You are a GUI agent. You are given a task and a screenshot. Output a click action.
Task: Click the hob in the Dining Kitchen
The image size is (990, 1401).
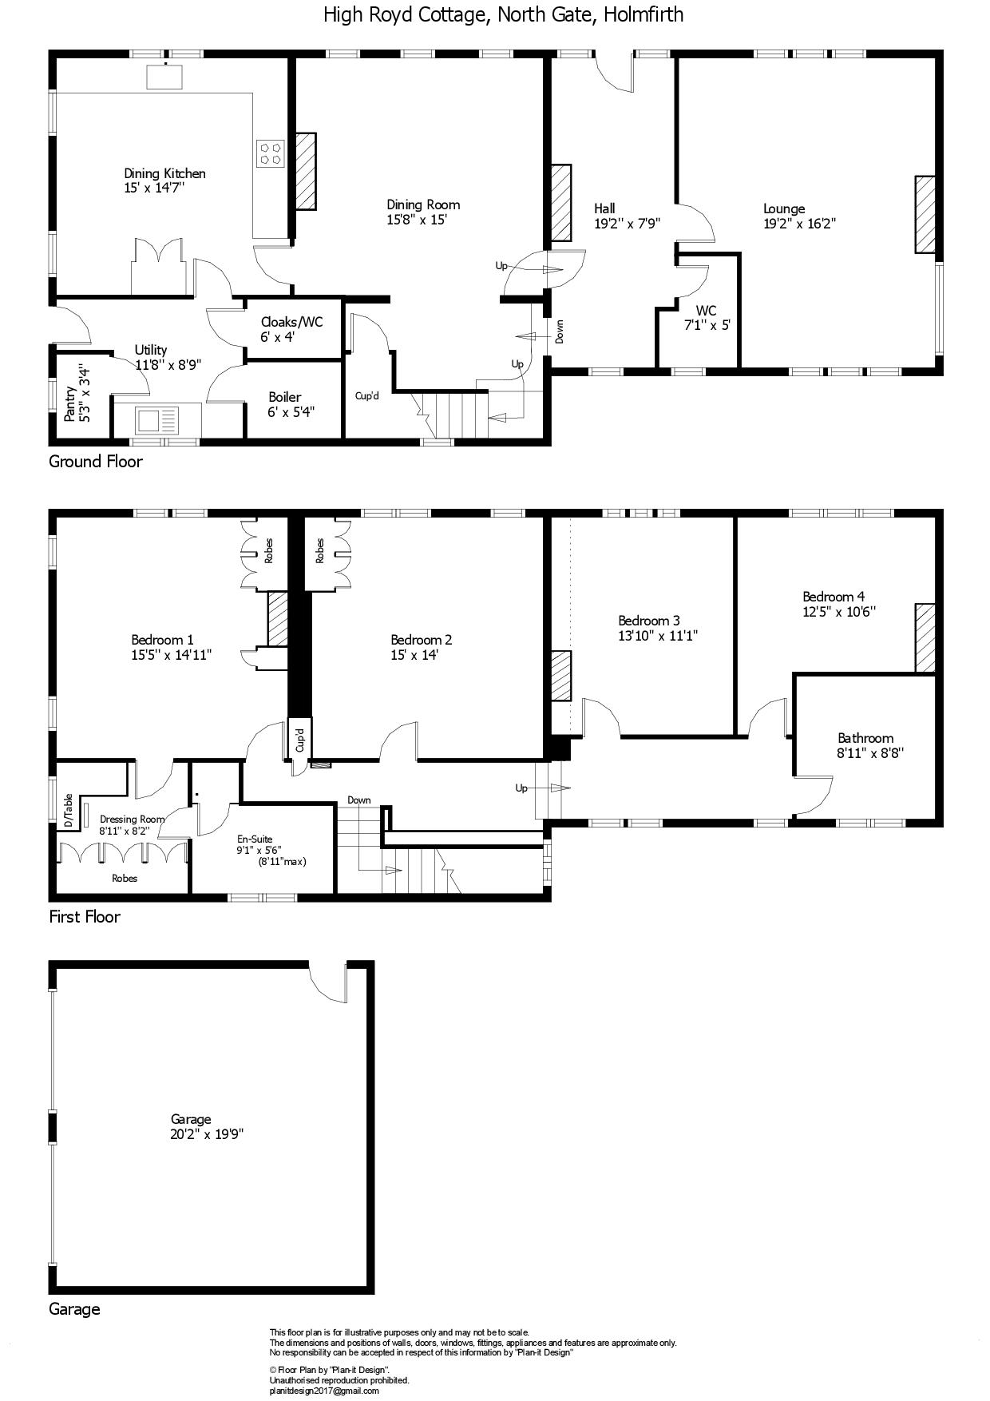click(271, 153)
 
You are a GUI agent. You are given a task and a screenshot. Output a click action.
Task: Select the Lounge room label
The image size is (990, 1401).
click(784, 209)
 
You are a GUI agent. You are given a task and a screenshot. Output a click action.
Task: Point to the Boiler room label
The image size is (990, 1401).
click(285, 397)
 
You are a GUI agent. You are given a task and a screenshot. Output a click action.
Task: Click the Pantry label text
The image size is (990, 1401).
click(70, 404)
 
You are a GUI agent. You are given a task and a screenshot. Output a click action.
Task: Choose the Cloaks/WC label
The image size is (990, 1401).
click(291, 322)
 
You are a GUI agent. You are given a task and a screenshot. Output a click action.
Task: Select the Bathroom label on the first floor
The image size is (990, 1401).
click(865, 738)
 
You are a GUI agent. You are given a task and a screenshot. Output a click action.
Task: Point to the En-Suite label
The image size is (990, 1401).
click(255, 839)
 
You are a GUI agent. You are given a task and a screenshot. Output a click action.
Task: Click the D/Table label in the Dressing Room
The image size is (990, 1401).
click(68, 810)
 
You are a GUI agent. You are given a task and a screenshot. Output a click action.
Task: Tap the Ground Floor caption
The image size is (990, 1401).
click(96, 461)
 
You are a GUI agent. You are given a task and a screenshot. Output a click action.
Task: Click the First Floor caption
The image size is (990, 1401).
click(85, 916)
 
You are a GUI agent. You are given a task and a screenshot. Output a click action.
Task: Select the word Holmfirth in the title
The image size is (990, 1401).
click(643, 14)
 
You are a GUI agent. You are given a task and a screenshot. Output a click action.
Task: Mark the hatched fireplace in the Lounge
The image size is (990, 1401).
click(925, 214)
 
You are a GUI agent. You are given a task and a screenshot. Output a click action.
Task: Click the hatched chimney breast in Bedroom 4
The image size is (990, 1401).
click(925, 637)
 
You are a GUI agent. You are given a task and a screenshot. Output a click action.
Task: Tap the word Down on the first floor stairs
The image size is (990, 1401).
click(359, 800)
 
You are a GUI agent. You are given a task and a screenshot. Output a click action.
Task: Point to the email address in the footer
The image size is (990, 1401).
click(324, 1391)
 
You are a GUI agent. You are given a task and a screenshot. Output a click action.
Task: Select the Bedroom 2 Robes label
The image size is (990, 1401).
click(319, 551)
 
